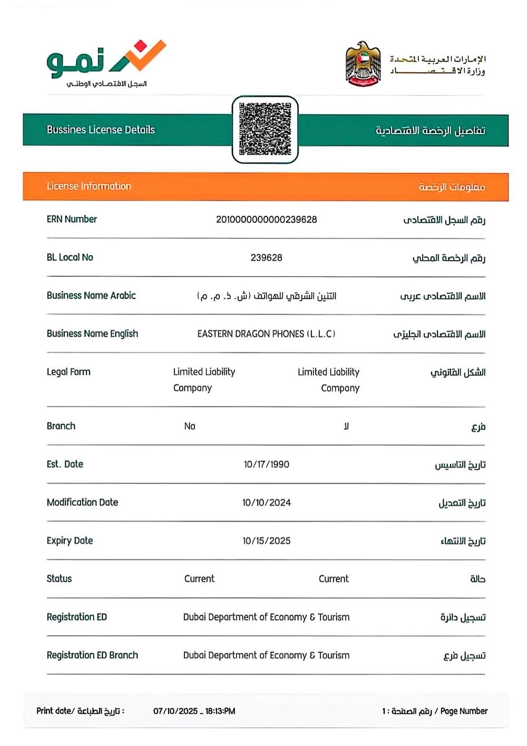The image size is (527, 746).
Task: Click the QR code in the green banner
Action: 265,130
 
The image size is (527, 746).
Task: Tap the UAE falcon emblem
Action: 363,64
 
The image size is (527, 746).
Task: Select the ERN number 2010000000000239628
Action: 266,220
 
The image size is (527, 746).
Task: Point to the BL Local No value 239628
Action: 266,257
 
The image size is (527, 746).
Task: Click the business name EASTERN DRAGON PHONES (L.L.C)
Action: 266,334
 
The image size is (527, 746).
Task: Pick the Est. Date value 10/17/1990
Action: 266,464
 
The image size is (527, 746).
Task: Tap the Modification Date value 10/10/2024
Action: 266,503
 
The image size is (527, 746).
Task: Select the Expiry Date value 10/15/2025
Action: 266,541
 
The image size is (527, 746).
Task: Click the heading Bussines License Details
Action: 101,130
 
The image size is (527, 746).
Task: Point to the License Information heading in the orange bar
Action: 89,186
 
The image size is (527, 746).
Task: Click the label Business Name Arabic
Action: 91,295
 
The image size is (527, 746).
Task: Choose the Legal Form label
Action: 69,372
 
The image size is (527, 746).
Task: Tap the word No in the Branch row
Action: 190,426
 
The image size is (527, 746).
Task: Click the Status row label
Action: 59,579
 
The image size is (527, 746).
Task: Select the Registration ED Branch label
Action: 92,655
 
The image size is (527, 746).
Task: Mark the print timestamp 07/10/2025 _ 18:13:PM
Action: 194,711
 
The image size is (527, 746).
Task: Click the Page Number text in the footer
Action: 464,711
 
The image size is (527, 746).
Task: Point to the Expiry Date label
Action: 70,541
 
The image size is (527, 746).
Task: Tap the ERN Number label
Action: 72,219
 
